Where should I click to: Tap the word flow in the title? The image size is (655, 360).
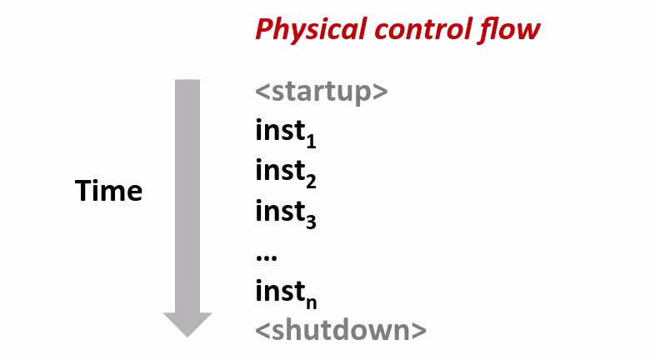510,29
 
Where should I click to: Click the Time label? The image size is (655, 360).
108,191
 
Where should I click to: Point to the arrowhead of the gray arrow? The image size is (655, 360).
187,325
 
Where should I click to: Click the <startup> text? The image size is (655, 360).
321,92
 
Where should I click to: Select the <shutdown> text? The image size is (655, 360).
341,329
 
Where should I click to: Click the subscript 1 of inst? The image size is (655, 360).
311,141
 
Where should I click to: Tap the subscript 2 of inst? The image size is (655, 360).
311,181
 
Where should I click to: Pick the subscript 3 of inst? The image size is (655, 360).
311,222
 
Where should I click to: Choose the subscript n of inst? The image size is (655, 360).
311,303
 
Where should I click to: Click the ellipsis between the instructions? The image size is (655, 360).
266,257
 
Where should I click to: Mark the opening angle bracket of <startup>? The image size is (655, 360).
262,92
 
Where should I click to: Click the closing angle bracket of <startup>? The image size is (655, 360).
381,92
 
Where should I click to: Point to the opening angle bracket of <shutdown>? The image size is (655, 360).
262,331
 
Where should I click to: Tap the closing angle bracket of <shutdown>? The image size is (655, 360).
419,331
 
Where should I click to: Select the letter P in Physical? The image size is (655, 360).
265,29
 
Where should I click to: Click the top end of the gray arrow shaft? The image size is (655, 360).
187,80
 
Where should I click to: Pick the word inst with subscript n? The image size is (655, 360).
286,293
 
